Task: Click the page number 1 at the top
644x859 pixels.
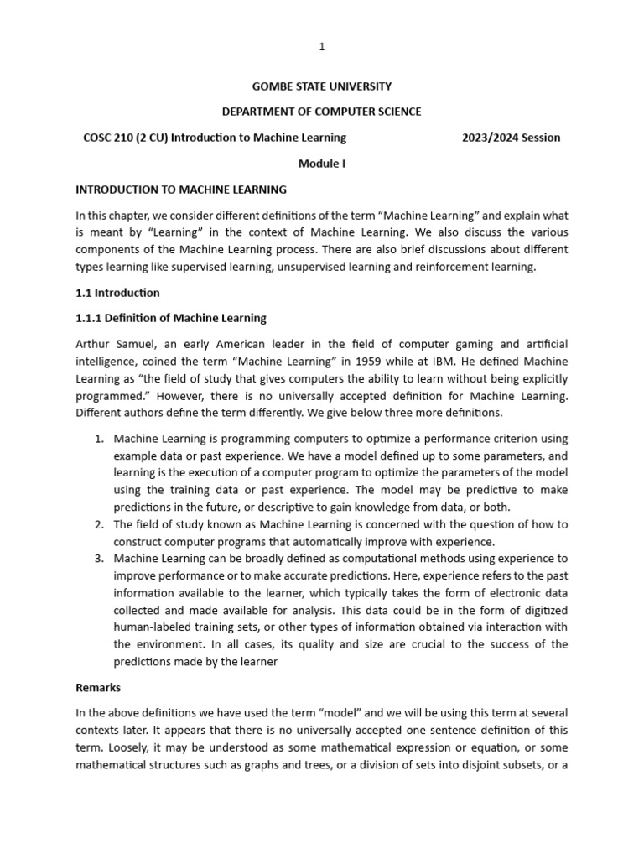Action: click(321, 47)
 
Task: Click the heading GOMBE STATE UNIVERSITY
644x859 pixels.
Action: click(321, 86)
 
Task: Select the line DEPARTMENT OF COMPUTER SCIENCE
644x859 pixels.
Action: click(321, 112)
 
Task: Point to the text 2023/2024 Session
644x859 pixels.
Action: click(511, 138)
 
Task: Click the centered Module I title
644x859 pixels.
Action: click(321, 164)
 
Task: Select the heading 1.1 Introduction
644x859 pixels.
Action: click(117, 293)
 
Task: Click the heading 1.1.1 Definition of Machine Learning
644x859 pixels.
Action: click(171, 318)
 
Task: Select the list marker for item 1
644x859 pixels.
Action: click(98, 439)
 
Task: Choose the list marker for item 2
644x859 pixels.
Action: click(98, 524)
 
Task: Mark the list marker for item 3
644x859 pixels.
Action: click(98, 558)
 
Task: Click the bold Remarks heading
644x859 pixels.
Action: click(98, 687)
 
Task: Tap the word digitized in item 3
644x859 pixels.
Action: click(542, 610)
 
